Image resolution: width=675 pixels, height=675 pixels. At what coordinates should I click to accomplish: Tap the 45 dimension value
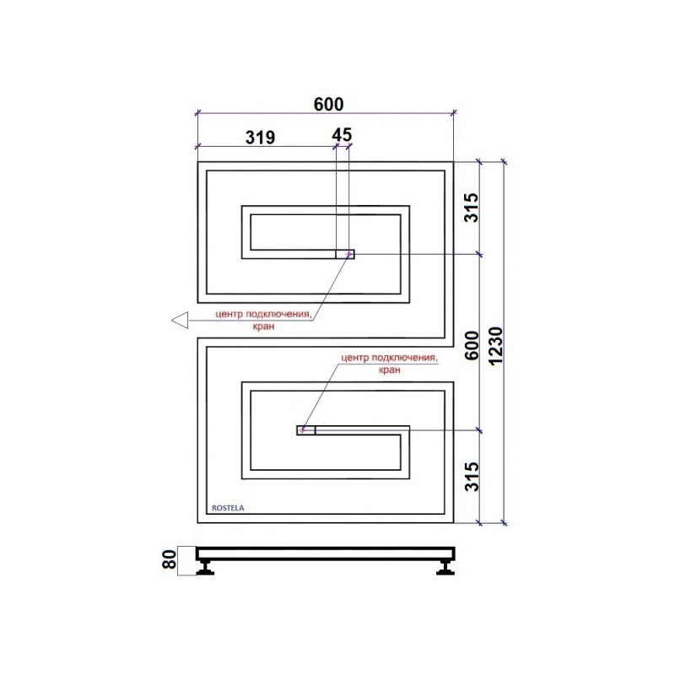tap(342, 137)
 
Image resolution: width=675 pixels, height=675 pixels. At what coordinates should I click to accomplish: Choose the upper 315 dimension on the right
tap(472, 208)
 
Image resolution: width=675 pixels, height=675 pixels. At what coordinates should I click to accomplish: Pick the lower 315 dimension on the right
tap(472, 477)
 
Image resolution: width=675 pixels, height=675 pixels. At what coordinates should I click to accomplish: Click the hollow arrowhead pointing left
tap(179, 320)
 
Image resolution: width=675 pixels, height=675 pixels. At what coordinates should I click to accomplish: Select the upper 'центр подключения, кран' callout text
tap(264, 318)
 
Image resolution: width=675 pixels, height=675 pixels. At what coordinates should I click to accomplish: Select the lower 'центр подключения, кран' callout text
tap(389, 364)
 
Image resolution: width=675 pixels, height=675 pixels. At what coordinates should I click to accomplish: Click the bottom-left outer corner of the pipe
tap(197, 522)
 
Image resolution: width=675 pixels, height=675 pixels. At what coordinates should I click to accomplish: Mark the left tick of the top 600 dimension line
tap(197, 113)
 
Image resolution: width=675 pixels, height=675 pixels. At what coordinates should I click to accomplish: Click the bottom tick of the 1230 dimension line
tap(504, 523)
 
